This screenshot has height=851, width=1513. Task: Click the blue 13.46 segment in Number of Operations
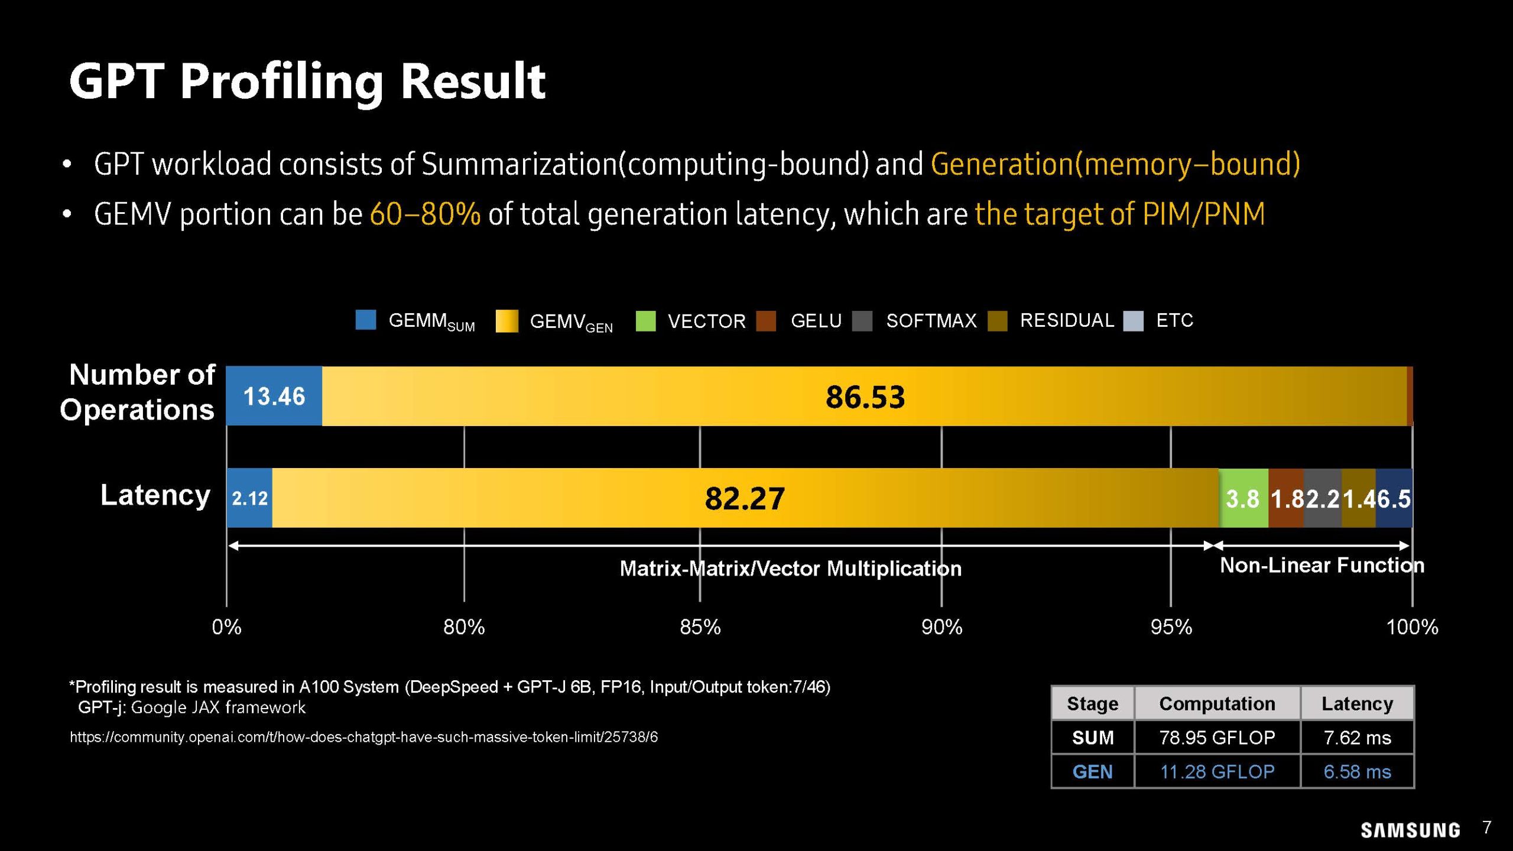(274, 396)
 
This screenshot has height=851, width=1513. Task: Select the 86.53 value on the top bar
(865, 397)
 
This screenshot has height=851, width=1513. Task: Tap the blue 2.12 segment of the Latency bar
(249, 498)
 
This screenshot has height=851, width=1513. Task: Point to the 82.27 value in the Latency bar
(745, 498)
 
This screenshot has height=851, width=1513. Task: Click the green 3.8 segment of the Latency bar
(1243, 498)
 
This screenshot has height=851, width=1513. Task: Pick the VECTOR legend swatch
(645, 321)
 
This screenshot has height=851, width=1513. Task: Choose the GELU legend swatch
(766, 321)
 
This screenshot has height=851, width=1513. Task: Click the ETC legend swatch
(1133, 321)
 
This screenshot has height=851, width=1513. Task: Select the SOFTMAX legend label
(931, 321)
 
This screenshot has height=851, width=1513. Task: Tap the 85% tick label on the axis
(700, 627)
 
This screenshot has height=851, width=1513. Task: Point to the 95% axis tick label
(1171, 627)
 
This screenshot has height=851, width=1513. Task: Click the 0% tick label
(226, 627)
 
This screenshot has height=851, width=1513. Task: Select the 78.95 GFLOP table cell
(1217, 738)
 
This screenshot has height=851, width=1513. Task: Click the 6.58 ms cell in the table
(1357, 772)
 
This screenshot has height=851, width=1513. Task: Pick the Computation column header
(1217, 703)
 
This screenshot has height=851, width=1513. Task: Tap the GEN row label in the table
(1092, 772)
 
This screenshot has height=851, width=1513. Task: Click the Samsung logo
(1410, 830)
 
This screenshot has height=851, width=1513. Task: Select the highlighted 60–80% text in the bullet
(425, 214)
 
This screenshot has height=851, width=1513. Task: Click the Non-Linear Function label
(1322, 566)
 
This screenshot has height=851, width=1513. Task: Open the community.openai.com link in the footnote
(363, 737)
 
